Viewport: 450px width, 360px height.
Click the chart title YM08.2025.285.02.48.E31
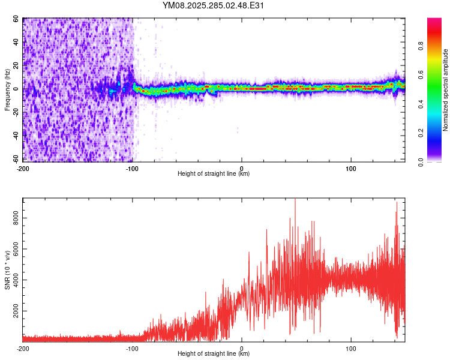pyautogui.click(x=214, y=6)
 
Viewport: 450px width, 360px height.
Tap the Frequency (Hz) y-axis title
pyautogui.click(x=7, y=90)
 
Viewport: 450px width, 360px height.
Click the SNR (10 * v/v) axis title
pyautogui.click(x=7, y=270)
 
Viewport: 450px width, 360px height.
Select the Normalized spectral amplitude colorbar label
pyautogui.click(x=445, y=90)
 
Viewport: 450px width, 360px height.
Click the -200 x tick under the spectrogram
pyautogui.click(x=23, y=167)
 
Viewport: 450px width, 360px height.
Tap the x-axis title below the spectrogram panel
pyautogui.click(x=214, y=173)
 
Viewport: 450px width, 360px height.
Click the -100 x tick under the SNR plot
pyautogui.click(x=132, y=347)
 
